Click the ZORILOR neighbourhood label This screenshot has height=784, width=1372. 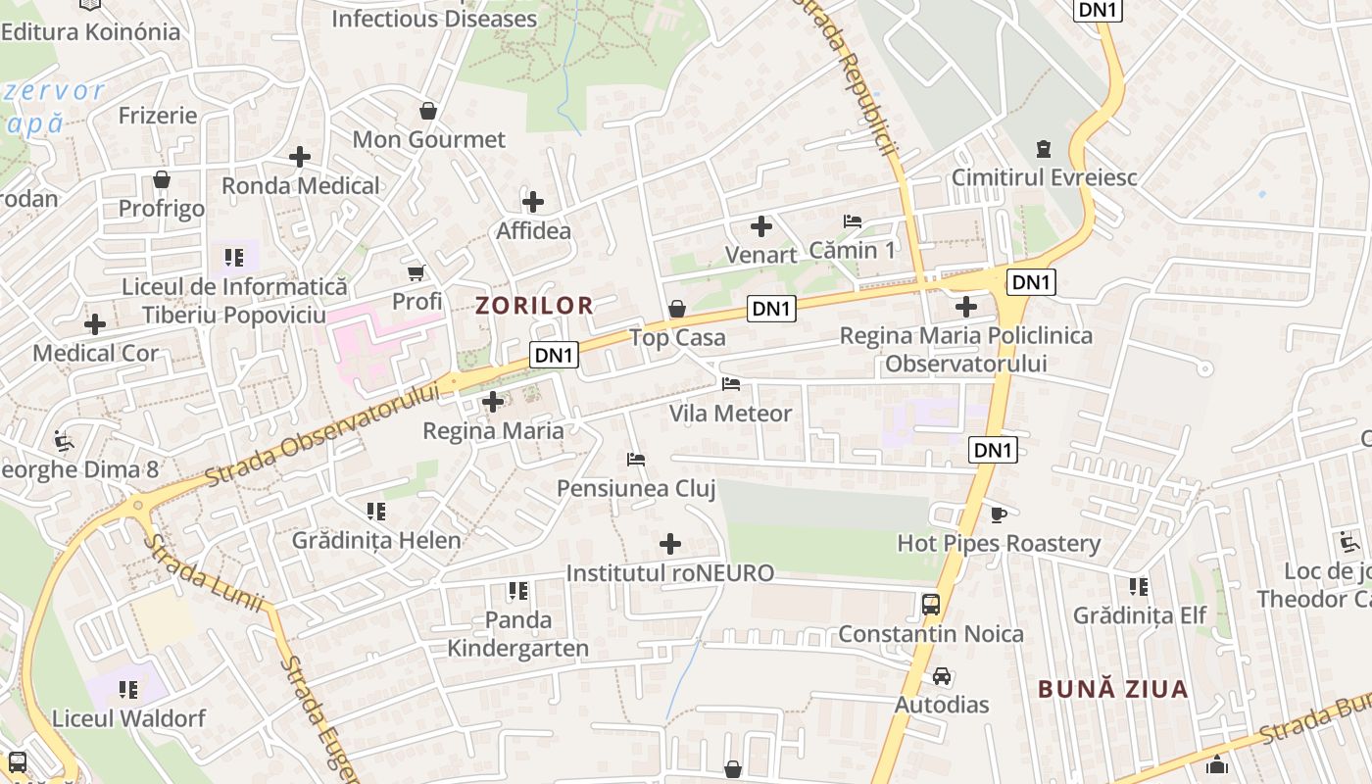point(535,305)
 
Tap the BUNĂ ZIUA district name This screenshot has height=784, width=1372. point(1113,689)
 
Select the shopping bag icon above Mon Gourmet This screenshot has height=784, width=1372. point(427,111)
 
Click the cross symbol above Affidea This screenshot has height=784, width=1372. point(533,203)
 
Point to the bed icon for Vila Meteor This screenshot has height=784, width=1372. point(731,383)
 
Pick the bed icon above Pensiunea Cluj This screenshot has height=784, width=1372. point(636,459)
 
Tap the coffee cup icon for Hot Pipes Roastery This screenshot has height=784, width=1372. point(999,514)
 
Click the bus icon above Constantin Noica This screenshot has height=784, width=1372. point(931,605)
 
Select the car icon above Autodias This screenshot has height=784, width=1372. point(942,676)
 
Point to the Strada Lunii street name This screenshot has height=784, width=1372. point(206,572)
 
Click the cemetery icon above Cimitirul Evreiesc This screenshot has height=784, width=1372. point(1044,149)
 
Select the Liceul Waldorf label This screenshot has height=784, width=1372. point(129,718)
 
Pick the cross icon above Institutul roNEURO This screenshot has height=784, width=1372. point(670,544)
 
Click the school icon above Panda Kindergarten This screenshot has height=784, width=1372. point(517,591)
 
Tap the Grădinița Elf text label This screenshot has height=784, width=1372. point(1140,615)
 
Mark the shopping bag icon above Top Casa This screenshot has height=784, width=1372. point(676,310)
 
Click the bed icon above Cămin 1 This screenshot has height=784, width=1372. point(853,221)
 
